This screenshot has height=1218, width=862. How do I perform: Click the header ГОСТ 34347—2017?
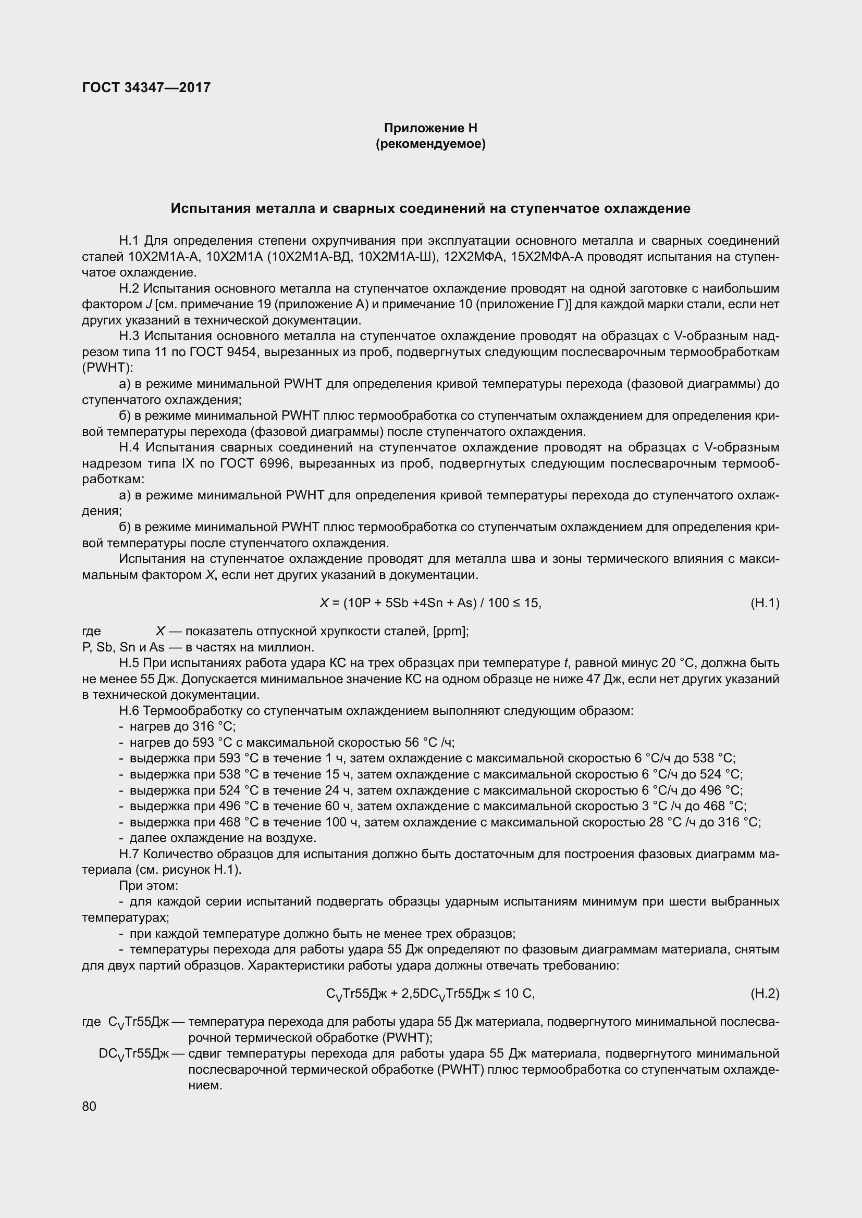pyautogui.click(x=146, y=87)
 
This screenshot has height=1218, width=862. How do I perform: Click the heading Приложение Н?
pyautogui.click(x=430, y=128)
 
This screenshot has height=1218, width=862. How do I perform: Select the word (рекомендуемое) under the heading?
pyautogui.click(x=430, y=144)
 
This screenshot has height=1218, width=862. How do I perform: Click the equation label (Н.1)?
pyautogui.click(x=765, y=602)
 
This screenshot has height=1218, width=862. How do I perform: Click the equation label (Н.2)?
pyautogui.click(x=765, y=994)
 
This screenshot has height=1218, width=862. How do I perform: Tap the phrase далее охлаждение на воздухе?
pyautogui.click(x=223, y=838)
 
